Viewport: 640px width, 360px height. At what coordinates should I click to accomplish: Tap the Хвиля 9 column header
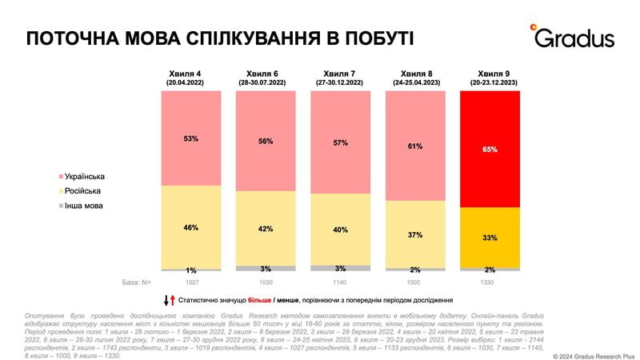coord(490,77)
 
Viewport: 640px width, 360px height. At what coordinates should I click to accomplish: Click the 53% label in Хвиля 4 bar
coord(190,138)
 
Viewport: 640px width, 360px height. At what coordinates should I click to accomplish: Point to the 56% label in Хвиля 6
coord(266,141)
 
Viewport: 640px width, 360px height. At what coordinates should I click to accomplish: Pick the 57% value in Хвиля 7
coord(340,143)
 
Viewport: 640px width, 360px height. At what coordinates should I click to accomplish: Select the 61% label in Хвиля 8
coord(415,146)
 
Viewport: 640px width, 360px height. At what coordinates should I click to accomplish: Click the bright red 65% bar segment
coord(490,150)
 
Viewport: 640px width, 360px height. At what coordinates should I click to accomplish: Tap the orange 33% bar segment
coord(490,238)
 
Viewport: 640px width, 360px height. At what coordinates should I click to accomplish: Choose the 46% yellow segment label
coord(190,228)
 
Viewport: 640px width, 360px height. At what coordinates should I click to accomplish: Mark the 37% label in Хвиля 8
coord(415,234)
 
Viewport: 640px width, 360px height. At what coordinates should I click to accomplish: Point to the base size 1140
coord(340,282)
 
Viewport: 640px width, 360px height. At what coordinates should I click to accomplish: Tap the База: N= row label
coord(137,282)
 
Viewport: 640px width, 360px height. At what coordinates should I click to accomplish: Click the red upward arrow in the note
coord(173,300)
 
